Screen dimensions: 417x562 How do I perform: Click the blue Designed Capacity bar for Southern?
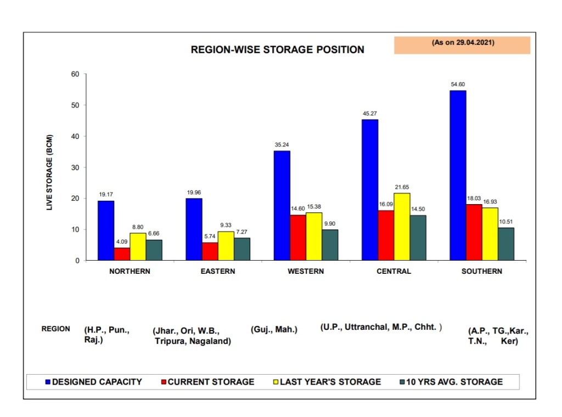(x=457, y=175)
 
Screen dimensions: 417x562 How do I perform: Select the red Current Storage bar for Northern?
(x=122, y=253)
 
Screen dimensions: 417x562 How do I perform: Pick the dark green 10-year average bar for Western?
(x=330, y=245)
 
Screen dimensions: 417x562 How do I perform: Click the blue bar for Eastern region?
(x=194, y=229)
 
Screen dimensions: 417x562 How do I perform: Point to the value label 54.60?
(x=457, y=84)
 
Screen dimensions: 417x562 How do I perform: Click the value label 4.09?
(x=122, y=241)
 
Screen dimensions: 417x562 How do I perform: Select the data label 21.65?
(x=402, y=187)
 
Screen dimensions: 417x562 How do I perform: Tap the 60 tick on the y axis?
(x=75, y=74)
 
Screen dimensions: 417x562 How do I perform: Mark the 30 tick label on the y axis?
(x=75, y=167)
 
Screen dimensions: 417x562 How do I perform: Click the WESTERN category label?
(x=306, y=271)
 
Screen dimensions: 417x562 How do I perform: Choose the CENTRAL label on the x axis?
(x=394, y=271)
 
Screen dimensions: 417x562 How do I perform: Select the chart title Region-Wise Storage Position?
(x=277, y=49)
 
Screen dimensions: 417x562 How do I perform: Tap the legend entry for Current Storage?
(x=211, y=381)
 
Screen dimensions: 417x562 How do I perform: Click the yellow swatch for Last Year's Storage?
(x=275, y=381)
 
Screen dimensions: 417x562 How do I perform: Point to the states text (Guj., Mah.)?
(x=274, y=329)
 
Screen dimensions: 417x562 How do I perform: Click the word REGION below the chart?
(x=56, y=329)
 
